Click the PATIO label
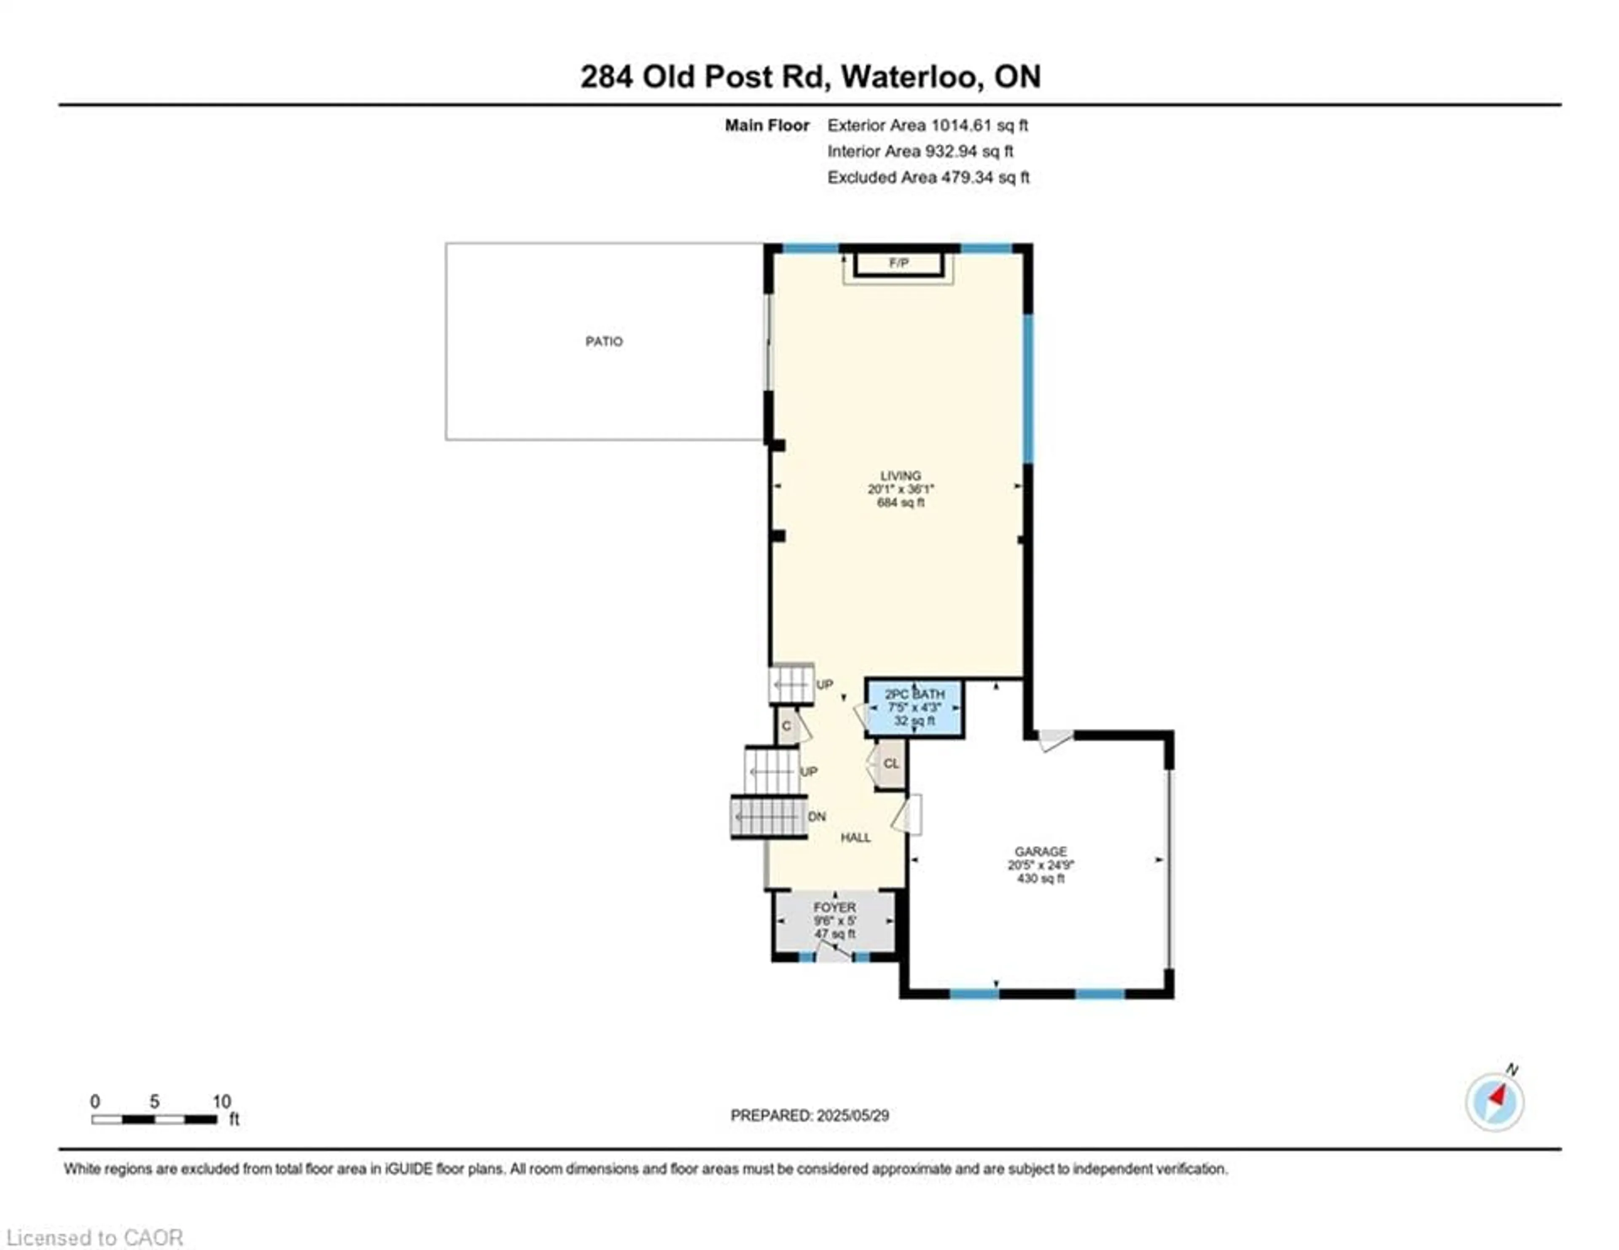tap(604, 341)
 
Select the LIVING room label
tap(901, 475)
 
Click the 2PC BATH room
tap(915, 708)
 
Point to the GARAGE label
tap(1041, 851)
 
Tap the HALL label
tap(855, 838)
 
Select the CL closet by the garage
tap(890, 764)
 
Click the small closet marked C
tap(786, 726)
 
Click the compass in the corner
tap(1495, 1102)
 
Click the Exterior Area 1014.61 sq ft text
tap(928, 125)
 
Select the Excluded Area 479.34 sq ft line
tap(928, 177)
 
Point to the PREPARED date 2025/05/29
tap(809, 1115)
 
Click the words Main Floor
tap(766, 125)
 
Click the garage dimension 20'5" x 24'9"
tap(1041, 865)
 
